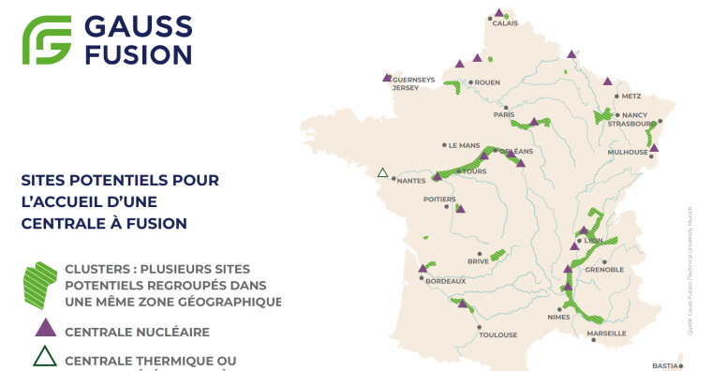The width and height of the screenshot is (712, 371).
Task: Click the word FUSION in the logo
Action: point(139,53)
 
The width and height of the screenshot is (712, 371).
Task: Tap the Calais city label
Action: point(505,23)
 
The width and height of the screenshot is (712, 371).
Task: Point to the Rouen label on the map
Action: point(487,82)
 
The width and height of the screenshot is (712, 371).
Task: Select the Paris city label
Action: point(504,115)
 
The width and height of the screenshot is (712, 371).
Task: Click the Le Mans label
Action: point(464,145)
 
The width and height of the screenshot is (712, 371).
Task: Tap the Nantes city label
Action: point(412,181)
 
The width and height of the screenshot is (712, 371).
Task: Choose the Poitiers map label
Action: point(438,200)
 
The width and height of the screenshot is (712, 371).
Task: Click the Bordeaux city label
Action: point(445,281)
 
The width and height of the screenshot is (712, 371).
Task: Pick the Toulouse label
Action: point(497,334)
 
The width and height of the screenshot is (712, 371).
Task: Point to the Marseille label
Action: point(606,334)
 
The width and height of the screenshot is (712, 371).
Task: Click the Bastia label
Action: point(664,365)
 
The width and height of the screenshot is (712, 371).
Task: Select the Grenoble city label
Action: point(604,270)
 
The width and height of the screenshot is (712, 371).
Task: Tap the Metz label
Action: point(630,96)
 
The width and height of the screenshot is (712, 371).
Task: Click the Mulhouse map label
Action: point(627,152)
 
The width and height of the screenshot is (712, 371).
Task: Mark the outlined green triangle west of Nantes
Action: point(382,173)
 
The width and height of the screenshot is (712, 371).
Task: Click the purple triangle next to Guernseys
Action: point(387,78)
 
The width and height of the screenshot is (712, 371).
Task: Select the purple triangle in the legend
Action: point(43,329)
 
